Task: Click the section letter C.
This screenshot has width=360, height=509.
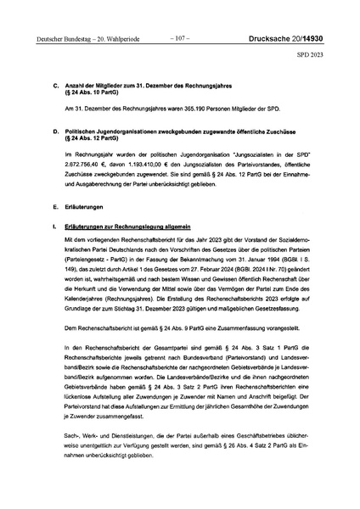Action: pos(55,87)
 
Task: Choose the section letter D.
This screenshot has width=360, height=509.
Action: pos(55,133)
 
